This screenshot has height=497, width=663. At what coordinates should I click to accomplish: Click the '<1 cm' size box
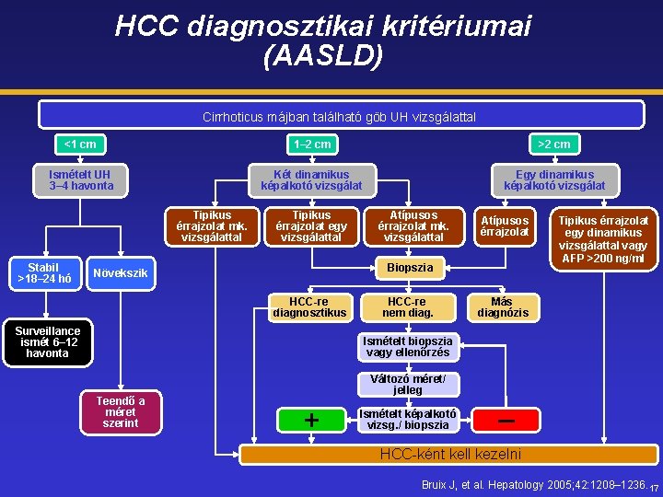pos(80,144)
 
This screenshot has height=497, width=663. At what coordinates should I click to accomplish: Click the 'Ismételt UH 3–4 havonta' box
pos(81,180)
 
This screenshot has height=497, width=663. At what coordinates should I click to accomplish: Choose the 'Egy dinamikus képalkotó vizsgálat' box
pos(554,180)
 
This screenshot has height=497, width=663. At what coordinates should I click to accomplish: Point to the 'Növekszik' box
pos(121,273)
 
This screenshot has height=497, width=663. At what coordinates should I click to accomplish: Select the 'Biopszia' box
pos(409,268)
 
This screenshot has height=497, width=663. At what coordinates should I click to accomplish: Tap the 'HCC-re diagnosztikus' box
pos(308,307)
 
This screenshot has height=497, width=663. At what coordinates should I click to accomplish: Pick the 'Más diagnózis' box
pos(502,307)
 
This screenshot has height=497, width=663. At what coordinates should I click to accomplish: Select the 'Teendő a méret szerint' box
pos(120,411)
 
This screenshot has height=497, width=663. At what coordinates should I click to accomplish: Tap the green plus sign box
pos(311,420)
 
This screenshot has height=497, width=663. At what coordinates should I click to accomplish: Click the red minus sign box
pos(506,420)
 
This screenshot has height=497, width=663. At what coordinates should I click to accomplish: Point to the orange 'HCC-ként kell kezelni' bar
pos(450,454)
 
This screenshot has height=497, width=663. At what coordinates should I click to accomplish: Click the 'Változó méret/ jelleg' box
pos(408,385)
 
